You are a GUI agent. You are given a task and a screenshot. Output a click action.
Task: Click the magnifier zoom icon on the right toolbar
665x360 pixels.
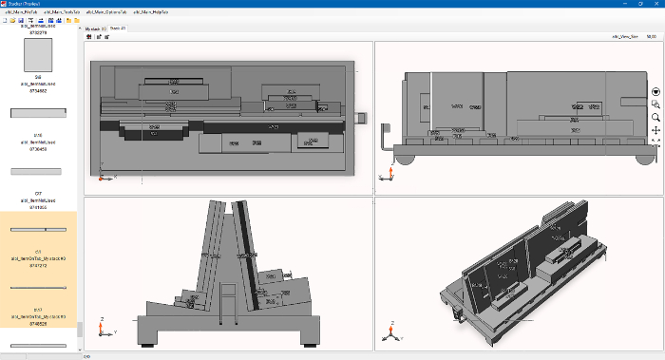[x=655, y=117]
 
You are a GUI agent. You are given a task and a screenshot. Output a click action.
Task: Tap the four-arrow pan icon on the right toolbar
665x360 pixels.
[x=655, y=129]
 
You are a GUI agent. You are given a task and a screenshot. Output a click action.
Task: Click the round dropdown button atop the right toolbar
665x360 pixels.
[x=655, y=92]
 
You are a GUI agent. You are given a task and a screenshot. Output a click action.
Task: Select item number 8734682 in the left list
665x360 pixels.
[x=38, y=90]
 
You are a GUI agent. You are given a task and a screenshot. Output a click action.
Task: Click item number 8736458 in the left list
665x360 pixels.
[x=38, y=148]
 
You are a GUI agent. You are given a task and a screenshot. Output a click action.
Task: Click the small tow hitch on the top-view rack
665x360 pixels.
[x=360, y=118]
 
